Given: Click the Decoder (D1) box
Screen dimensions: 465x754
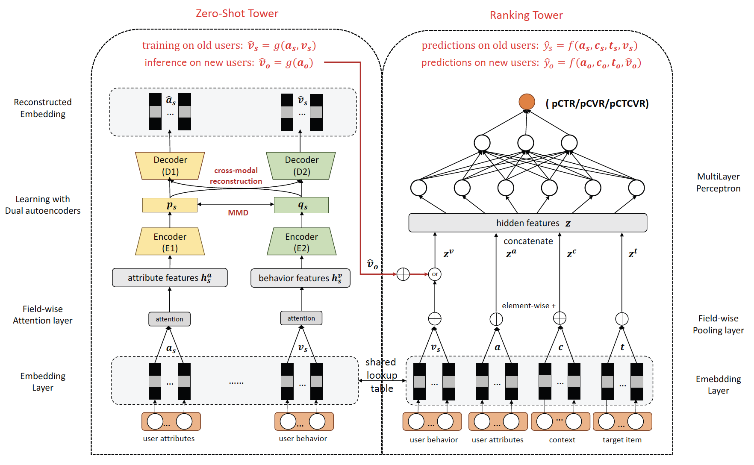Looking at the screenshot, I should pos(170,166).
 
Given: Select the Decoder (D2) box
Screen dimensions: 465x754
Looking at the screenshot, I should pos(301,166).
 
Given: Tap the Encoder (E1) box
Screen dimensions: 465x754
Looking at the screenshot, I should pos(170,242).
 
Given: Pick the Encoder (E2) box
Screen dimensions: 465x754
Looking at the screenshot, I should pos(301,242).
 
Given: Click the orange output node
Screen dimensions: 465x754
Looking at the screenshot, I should pos(527,102).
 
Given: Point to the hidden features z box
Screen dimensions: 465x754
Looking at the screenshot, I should pos(527,223).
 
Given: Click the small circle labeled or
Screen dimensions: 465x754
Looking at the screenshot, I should pos(435,274).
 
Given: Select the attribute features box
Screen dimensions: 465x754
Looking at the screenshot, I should pos(170,278).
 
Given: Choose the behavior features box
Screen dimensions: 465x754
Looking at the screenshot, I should pos(300,278).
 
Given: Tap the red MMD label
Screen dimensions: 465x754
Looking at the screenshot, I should pos(238,213).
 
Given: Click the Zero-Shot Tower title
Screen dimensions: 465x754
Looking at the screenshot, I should pos(237,14).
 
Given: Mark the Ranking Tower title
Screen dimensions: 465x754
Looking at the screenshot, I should pos(526,15).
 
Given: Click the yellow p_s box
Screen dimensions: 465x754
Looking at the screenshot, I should pos(170,205).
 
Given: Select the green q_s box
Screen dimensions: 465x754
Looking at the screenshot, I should pos(301,205).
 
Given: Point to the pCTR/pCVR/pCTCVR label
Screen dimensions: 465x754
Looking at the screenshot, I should pos(597,103).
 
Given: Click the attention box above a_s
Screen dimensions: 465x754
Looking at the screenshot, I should pos(169,319).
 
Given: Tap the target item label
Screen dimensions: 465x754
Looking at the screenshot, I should pos(622,440).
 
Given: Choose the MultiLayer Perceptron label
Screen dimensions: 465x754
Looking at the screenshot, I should pos(718,182).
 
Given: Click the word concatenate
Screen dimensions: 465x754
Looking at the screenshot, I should pos(528,241).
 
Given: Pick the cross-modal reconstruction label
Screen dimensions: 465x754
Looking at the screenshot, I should pos(236,176).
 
